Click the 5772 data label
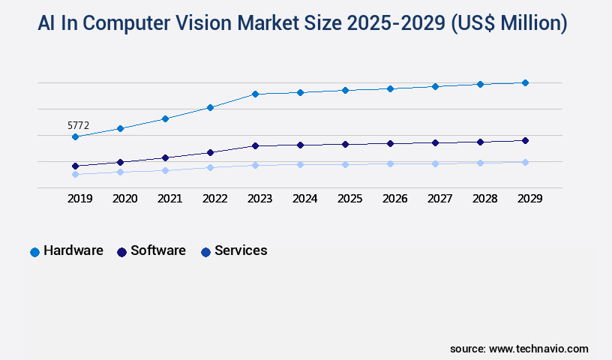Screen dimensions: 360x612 79,126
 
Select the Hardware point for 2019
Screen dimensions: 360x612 75,137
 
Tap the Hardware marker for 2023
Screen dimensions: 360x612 255,94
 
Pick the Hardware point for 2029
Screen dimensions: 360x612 525,82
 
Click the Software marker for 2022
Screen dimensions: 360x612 210,152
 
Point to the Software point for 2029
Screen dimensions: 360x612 525,140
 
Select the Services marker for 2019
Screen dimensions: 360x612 75,174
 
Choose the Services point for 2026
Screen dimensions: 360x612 390,163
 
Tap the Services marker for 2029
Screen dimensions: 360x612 525,162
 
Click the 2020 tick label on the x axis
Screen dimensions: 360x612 124,199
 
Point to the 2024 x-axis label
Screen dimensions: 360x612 304,199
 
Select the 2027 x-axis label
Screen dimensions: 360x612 439,199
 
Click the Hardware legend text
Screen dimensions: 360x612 73,250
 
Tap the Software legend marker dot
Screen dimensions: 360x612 121,252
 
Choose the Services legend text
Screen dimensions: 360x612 241,250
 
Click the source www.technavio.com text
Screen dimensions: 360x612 519,349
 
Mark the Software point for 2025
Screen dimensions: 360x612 345,144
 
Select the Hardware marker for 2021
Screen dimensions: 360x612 165,118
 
